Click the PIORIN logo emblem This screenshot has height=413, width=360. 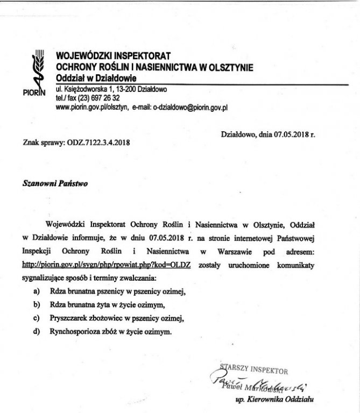point(38,72)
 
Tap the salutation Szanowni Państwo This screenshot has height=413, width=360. point(55,182)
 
